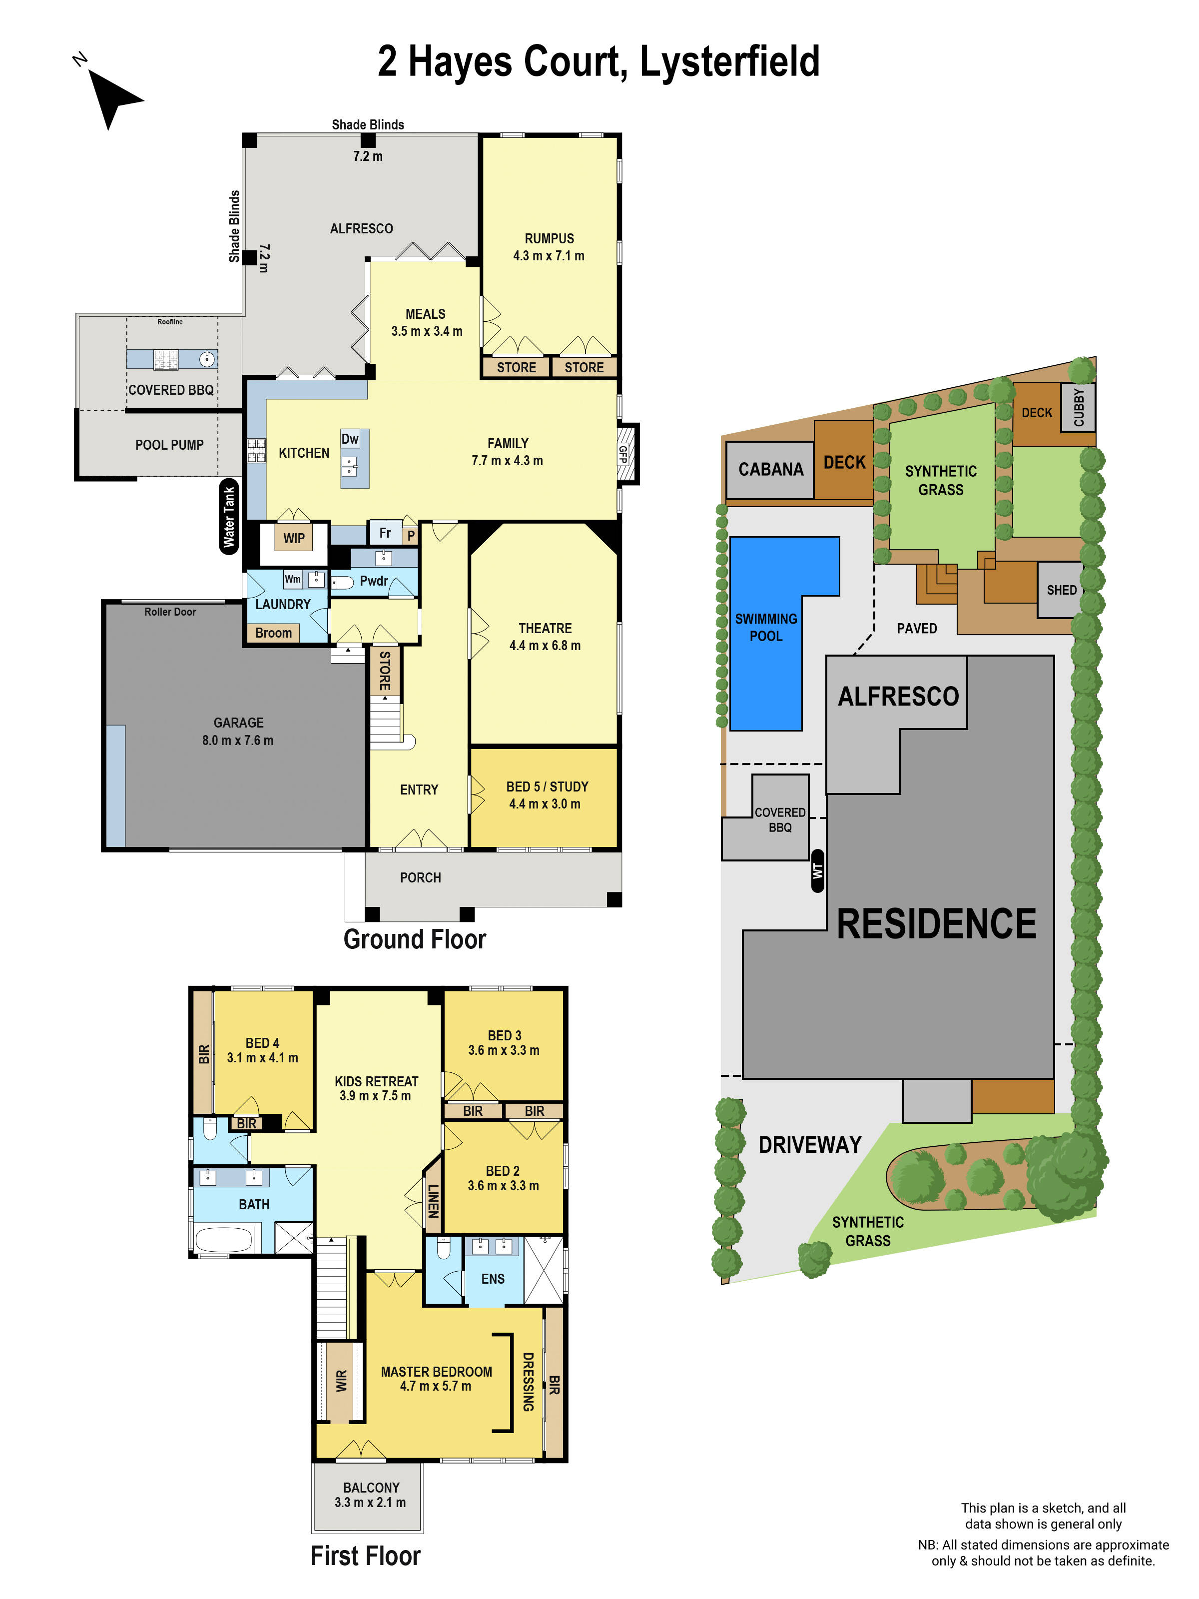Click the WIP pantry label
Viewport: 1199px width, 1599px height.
pyautogui.click(x=293, y=538)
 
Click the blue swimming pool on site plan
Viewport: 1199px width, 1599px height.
pyautogui.click(x=766, y=628)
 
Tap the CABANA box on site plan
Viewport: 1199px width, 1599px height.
pyautogui.click(x=770, y=469)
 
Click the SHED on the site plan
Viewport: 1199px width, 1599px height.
pyautogui.click(x=1061, y=590)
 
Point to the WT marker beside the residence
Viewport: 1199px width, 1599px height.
pyautogui.click(x=817, y=871)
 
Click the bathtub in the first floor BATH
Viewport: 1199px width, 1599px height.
pyautogui.click(x=223, y=1239)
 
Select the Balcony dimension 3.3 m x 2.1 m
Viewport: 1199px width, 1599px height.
pyautogui.click(x=370, y=1502)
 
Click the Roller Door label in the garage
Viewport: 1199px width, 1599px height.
pyautogui.click(x=170, y=612)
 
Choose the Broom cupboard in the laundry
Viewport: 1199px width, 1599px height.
pyautogui.click(x=273, y=633)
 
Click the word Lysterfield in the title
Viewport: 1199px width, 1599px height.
pyautogui.click(x=729, y=61)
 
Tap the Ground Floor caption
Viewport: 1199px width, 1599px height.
pyautogui.click(x=414, y=939)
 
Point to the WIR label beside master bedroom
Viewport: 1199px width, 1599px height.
pyautogui.click(x=341, y=1381)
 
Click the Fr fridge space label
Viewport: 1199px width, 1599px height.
pyautogui.click(x=385, y=533)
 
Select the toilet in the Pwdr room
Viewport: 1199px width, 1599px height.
pyautogui.click(x=343, y=582)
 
